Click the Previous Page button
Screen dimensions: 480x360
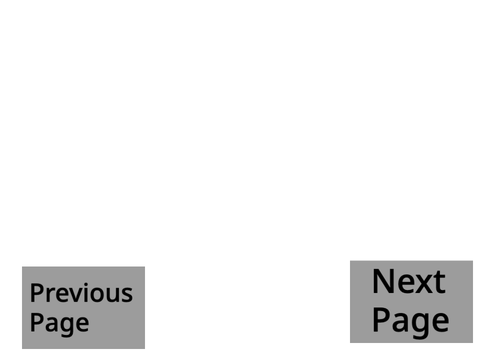tap(83, 308)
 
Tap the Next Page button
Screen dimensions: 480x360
tap(411, 302)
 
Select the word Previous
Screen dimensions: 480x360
tap(81, 293)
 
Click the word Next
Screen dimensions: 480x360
tap(409, 282)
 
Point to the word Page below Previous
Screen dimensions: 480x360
tap(59, 323)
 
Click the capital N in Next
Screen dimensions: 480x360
tap(383, 282)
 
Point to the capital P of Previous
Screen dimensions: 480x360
tap(36, 293)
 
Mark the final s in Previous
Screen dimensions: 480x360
tap(127, 296)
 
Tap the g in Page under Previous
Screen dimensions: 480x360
tap(67, 326)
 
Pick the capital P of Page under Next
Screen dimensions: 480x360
tap(381, 319)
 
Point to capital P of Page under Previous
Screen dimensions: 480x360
tap(36, 322)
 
